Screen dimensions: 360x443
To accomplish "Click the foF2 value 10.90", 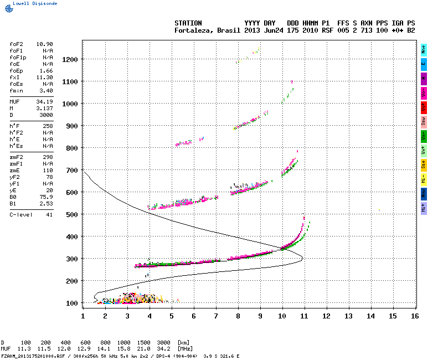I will (x=44, y=44).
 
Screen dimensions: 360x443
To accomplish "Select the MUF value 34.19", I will (x=44, y=102).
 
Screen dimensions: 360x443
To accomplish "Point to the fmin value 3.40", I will (x=46, y=90).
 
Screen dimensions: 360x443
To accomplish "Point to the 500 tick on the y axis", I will (x=71, y=214).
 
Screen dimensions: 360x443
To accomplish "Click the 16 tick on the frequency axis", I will (x=415, y=316).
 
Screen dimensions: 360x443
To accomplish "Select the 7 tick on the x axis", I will (x=216, y=316).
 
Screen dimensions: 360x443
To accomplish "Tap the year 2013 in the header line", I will (x=252, y=30).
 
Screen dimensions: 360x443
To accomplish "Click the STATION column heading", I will (x=188, y=23).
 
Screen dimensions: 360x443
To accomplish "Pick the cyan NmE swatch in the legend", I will (x=424, y=49).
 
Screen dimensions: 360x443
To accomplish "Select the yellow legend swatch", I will (x=424, y=164).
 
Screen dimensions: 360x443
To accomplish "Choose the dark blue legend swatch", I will (x=424, y=193).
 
